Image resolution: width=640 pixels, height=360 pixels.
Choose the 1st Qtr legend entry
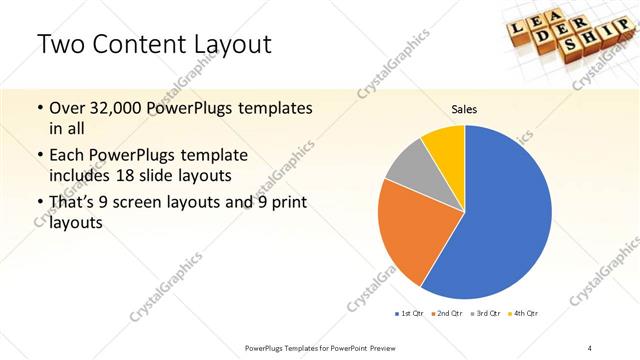pyautogui.click(x=409, y=314)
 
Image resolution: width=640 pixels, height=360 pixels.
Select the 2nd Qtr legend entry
pyautogui.click(x=447, y=314)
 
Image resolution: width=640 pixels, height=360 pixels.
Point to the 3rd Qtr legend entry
pyautogui.click(x=486, y=314)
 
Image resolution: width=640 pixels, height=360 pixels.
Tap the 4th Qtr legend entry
pyautogui.click(x=524, y=314)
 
